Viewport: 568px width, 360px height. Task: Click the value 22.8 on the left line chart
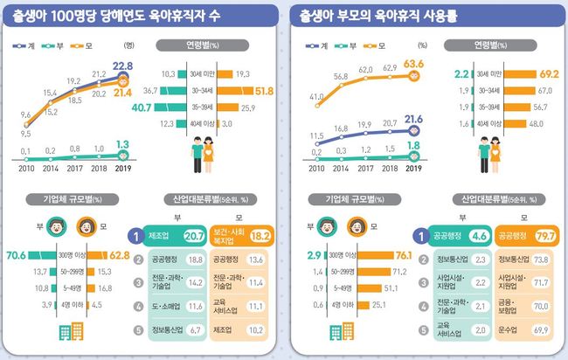(123, 66)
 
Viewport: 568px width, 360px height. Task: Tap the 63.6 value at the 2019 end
(415, 63)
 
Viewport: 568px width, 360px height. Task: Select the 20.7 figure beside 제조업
(194, 234)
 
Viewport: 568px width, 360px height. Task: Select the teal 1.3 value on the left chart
(123, 145)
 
